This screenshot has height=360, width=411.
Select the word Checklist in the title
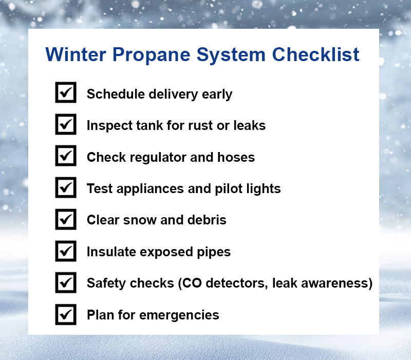[315, 54]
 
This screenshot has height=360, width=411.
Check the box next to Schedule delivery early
[66, 93]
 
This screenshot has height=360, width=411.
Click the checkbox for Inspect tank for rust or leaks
[66, 124]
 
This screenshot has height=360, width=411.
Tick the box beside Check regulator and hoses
[66, 156]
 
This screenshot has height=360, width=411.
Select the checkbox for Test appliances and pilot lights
[66, 188]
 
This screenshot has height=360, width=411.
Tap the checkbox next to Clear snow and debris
[66, 219]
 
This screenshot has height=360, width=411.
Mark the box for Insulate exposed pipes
[66, 251]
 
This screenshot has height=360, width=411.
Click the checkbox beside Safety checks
[66, 282]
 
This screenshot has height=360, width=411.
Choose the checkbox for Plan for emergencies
[66, 314]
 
